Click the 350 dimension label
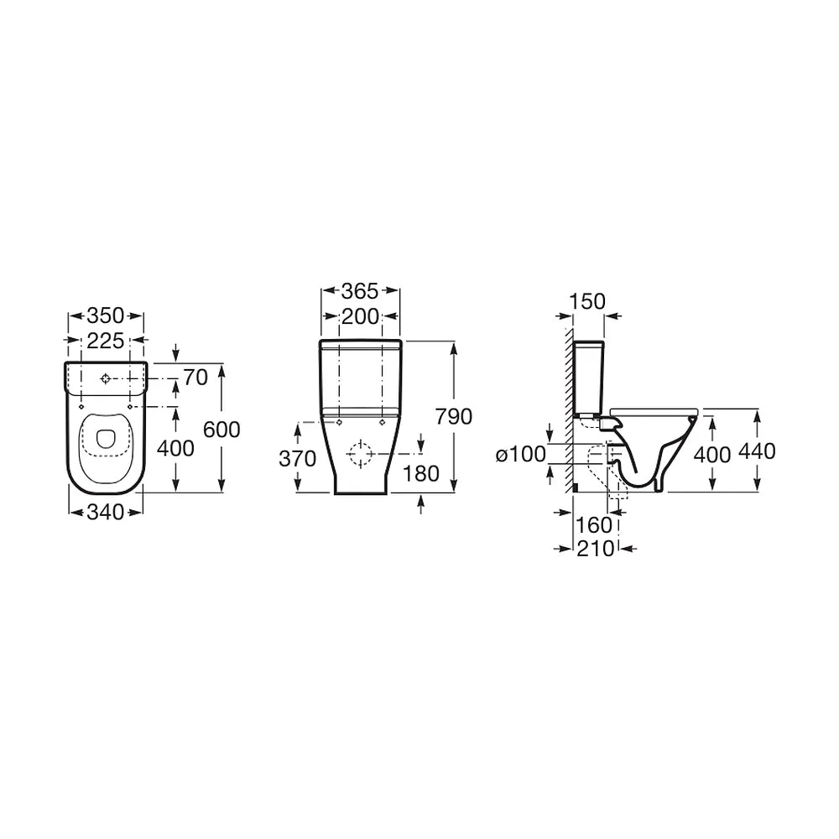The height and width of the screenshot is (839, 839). pos(106,315)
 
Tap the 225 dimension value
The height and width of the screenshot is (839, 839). pos(106,341)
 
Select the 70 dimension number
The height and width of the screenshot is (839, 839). pos(195,378)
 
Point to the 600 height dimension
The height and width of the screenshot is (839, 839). pos(222,429)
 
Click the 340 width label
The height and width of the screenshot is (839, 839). pos(106,513)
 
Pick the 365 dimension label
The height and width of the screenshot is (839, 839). pos(360,291)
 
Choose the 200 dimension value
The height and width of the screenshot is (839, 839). pos(360,317)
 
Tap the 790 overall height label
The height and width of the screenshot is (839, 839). pos(454,416)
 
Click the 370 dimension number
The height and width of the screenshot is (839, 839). pos(298,459)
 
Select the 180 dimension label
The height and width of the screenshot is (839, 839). pos(420,473)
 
